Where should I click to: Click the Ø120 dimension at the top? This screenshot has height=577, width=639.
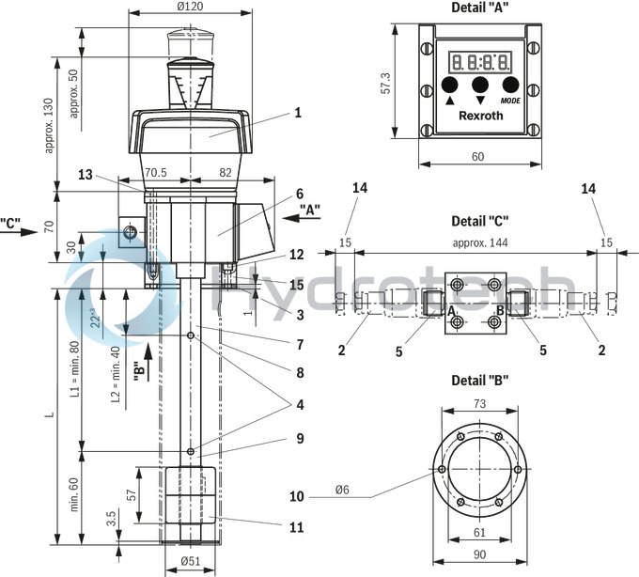[x=190, y=8]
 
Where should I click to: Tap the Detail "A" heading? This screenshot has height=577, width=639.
[x=479, y=8]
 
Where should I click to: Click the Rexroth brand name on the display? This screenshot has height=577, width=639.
[x=480, y=116]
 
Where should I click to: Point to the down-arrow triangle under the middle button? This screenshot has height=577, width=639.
[x=480, y=100]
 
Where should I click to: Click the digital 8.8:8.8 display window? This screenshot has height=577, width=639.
[x=479, y=62]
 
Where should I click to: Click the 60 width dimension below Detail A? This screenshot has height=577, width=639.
[x=479, y=157]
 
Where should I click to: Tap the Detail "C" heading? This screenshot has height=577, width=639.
[x=479, y=223]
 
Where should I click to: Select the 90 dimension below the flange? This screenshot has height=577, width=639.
[x=479, y=554]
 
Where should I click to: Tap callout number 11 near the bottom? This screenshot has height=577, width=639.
[x=297, y=527]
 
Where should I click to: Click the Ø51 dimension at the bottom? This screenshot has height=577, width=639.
[x=191, y=563]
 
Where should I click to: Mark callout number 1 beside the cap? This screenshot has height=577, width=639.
[x=297, y=113]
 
